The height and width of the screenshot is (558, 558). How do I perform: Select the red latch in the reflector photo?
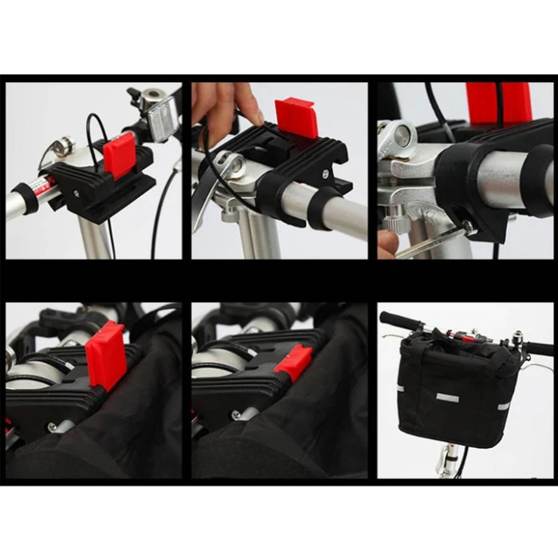pos(119,155)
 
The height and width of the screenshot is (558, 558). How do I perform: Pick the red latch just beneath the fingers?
pos(297,118)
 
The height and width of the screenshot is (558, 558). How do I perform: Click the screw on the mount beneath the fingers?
pos(325,173)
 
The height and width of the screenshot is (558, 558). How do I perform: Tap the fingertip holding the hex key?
pos(387,244)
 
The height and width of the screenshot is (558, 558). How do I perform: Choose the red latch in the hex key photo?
pos(499,102)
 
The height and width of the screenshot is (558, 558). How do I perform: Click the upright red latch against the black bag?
pos(106,355)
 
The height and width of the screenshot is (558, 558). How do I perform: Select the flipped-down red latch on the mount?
pos(293,363)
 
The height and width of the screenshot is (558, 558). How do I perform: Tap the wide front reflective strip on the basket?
pos(447,397)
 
